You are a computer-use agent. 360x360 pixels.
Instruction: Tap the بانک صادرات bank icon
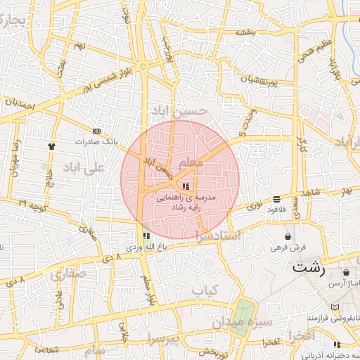[x=96, y=131]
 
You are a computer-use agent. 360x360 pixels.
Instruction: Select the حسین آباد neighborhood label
[x=180, y=110]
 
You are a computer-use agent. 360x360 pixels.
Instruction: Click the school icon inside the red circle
[x=186, y=186]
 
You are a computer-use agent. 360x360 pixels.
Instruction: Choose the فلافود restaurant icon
[x=276, y=199]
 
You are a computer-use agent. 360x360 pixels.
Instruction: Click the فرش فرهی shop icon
[x=288, y=236]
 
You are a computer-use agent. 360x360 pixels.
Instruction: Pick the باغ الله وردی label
[x=146, y=247]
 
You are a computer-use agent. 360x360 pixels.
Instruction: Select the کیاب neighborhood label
[x=205, y=289]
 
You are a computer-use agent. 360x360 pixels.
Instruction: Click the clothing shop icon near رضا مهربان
[x=51, y=146]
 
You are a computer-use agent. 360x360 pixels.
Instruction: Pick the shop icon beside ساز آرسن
[x=346, y=273]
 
